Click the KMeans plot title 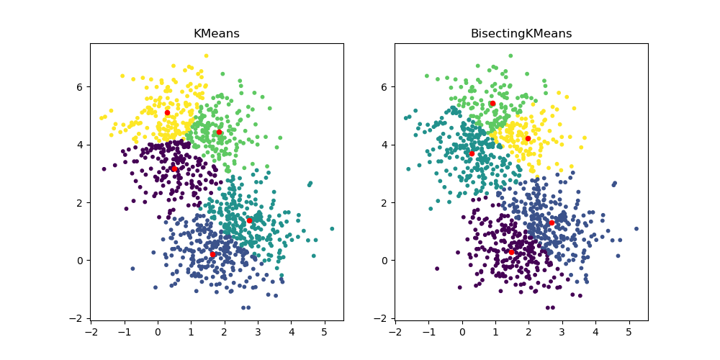(x=217, y=34)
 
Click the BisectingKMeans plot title (x=521, y=34)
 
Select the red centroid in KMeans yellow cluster (x=167, y=112)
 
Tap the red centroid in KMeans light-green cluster (x=219, y=132)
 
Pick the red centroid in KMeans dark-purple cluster (x=174, y=168)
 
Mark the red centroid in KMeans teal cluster (x=249, y=220)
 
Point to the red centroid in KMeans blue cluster (x=212, y=254)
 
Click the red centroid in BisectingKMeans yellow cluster (x=528, y=138)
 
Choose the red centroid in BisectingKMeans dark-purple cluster (x=511, y=251)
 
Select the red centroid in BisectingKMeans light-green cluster (x=492, y=103)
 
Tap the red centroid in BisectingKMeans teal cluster (x=472, y=153)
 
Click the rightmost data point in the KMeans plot (x=332, y=229)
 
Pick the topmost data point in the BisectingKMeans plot (x=510, y=55)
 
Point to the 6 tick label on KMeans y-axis (x=80, y=86)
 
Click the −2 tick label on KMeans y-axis (x=77, y=318)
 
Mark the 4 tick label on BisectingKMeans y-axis (x=384, y=145)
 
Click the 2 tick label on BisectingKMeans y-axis (x=384, y=202)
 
